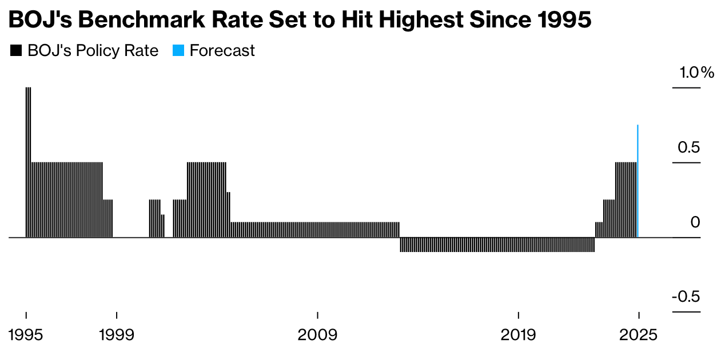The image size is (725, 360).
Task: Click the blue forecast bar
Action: coord(638,181)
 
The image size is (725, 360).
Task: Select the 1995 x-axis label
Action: coord(26,335)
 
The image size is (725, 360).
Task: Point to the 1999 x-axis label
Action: coord(117,335)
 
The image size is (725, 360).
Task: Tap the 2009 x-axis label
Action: coord(317,335)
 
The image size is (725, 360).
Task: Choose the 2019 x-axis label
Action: coord(518,335)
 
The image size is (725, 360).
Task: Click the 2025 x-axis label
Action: coord(639,335)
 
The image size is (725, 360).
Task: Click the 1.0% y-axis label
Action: coord(696,73)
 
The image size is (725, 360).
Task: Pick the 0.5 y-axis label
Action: coord(688,147)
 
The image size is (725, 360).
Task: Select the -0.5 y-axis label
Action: coord(686,297)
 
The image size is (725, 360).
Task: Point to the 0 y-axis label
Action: coord(695,222)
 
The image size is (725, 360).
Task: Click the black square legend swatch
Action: coord(16,51)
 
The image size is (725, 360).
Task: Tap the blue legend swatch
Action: coord(178,51)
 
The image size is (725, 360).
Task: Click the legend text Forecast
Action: coord(222,51)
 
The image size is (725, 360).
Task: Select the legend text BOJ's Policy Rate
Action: coord(93,51)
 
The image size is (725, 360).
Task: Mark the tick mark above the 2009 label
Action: coord(317,315)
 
